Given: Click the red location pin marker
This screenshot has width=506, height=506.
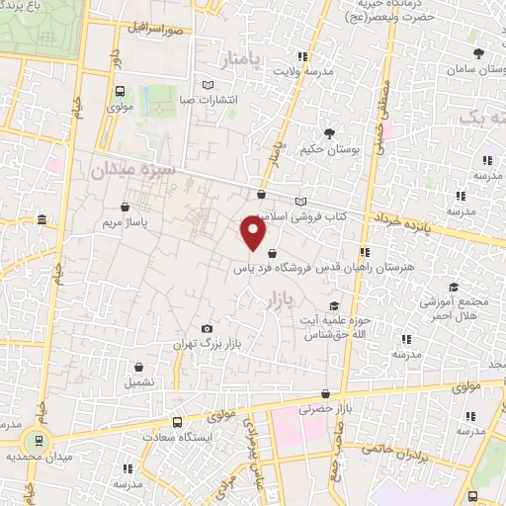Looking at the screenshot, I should click(254, 233).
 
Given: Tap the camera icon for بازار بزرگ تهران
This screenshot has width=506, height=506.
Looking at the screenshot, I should click(207, 329).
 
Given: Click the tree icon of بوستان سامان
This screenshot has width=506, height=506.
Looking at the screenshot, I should click(479, 53).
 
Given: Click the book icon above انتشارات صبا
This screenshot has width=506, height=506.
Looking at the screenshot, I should click(207, 84).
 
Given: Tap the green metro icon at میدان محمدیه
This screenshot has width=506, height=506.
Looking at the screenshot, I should click(39, 441).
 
